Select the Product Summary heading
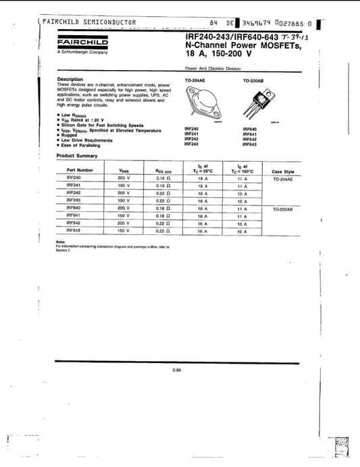tap(78, 156)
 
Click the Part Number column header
tap(80, 170)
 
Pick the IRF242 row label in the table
tap(74, 192)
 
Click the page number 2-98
tap(179, 370)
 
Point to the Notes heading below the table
tap(61, 242)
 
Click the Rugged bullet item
tap(70, 134)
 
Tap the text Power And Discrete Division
tap(207, 69)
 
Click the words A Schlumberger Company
tap(78, 51)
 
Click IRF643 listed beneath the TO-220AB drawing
tap(249, 144)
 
